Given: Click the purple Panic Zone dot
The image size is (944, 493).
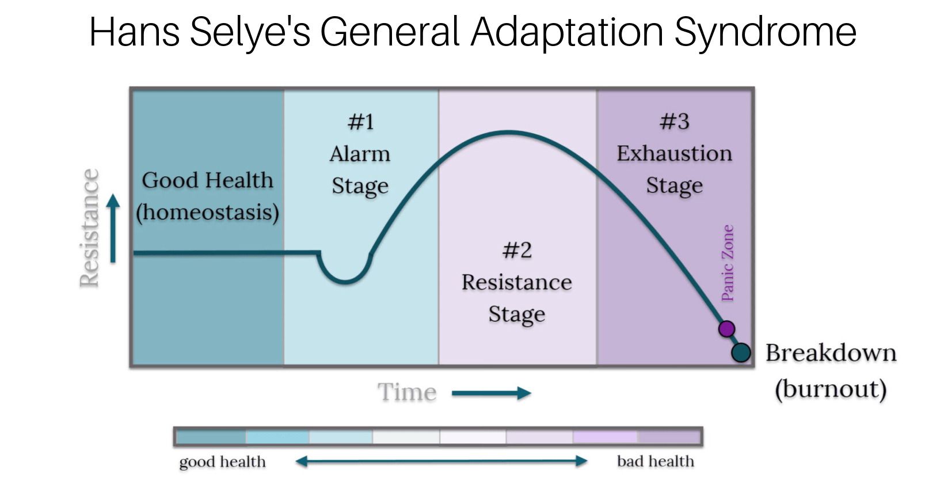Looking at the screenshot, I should [726, 329].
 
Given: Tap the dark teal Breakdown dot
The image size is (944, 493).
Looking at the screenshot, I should [741, 352].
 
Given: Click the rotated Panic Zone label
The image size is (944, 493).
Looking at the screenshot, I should [728, 263].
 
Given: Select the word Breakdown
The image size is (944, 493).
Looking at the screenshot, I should [831, 352].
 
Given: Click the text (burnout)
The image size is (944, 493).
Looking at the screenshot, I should [830, 389].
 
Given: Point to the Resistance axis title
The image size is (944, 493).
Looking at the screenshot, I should [89, 228].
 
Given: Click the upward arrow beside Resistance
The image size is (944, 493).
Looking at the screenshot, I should [113, 228].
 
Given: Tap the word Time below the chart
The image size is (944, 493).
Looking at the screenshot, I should [407, 393].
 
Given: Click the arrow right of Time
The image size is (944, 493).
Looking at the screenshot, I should [491, 393].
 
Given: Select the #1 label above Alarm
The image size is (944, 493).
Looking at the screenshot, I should [361, 122].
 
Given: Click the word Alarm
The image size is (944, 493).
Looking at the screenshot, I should [360, 154].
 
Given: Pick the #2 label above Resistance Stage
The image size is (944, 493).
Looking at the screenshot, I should [517, 251].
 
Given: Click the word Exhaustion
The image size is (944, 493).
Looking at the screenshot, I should [674, 154].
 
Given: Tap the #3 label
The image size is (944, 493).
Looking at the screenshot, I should [674, 122].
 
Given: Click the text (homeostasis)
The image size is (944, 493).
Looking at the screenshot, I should [207, 213].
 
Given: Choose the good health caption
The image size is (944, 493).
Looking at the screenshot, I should [222, 462].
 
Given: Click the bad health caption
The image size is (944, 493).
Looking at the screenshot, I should [655, 461].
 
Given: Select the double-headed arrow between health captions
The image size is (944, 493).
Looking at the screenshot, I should [441, 461].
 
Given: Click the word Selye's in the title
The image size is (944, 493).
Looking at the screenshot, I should [250, 32].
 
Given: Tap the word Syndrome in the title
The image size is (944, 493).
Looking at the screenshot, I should [765, 32].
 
